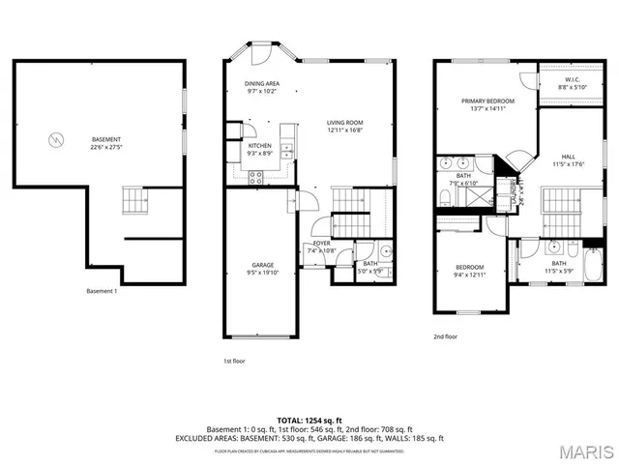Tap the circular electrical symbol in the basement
coord(54,140)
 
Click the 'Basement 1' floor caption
coord(102,291)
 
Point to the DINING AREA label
coord(261,84)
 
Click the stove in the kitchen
coord(256,176)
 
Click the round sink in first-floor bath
coord(384,254)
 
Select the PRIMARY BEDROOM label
coord(487,101)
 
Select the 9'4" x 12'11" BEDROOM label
coord(469,267)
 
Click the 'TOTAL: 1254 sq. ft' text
coord(309,420)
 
